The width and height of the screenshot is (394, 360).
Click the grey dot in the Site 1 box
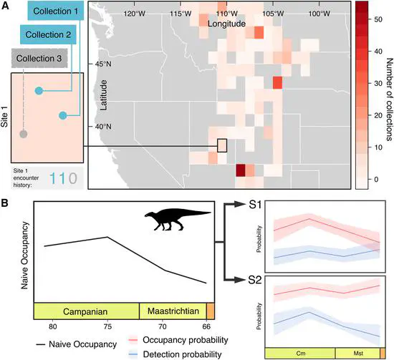click(x=24, y=133)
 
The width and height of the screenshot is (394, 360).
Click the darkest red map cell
click(x=241, y=170)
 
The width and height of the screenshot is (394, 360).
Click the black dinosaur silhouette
click(x=177, y=218)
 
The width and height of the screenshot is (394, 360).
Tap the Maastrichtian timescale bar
click(x=172, y=311)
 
